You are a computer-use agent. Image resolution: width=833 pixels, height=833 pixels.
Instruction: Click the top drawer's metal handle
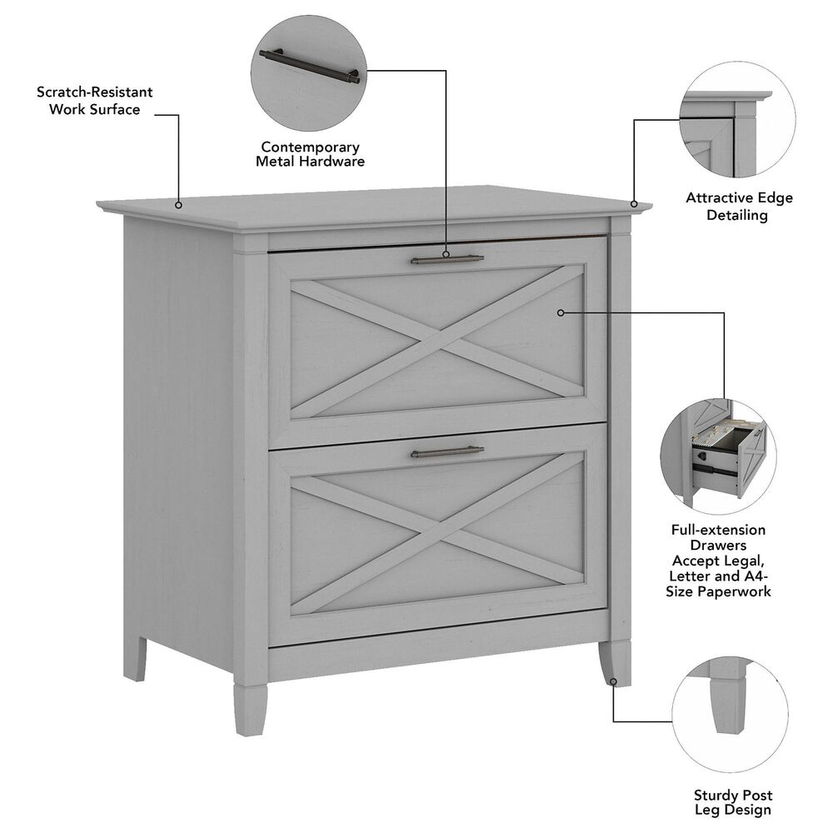pos(447,260)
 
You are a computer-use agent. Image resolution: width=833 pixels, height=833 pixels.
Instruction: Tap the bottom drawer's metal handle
pos(447,452)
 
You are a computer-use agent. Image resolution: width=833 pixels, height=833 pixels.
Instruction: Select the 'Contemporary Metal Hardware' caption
pos(310,154)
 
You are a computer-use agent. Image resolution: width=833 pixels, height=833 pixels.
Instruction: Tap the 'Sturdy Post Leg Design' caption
pos(732,803)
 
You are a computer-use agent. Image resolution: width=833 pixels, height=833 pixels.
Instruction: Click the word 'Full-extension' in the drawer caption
pos(718,530)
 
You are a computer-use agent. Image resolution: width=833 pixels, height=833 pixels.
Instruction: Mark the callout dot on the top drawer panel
pos(561,312)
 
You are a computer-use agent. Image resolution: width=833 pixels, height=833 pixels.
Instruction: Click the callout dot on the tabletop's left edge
pos(178,203)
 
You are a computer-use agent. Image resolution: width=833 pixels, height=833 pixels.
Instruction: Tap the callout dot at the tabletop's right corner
pos(635,203)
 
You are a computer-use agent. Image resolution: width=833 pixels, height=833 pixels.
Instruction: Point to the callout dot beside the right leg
pos(614,682)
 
